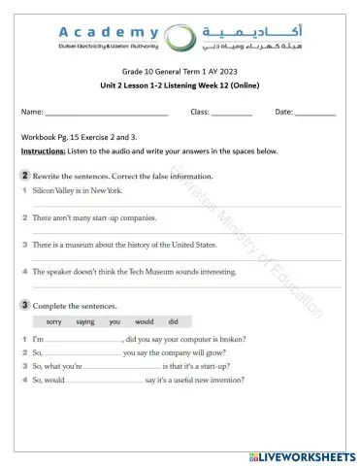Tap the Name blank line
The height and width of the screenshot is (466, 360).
click(x=107, y=115)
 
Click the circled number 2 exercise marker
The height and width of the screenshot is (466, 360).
click(x=23, y=176)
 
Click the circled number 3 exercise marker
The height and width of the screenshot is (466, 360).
click(x=23, y=305)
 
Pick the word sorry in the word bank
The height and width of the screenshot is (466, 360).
click(x=54, y=321)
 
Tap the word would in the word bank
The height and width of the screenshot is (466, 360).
click(x=144, y=321)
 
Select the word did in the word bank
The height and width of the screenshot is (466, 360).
click(x=173, y=321)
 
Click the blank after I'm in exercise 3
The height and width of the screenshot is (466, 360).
click(x=83, y=341)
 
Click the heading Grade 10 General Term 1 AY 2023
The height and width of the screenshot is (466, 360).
click(x=180, y=73)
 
